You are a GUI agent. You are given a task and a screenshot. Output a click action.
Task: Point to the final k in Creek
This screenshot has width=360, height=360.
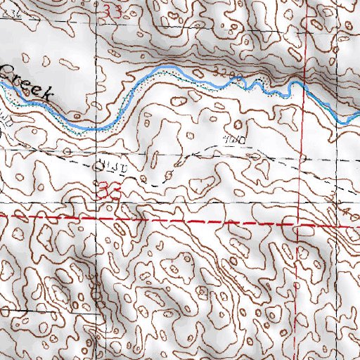tap(48, 94)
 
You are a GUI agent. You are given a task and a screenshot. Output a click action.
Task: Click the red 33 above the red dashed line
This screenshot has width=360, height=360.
tap(112, 191)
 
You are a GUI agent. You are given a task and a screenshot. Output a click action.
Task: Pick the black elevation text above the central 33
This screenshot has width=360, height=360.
tap(110, 167)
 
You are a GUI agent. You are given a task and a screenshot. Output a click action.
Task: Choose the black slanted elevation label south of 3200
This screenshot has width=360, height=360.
tap(233, 140)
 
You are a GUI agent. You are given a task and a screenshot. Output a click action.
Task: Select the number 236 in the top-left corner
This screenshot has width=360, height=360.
tap(13, 12)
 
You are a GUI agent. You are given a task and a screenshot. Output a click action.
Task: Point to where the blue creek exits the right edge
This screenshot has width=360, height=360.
tap(359, 114)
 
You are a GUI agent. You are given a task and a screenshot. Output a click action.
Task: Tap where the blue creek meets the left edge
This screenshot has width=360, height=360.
tap(1, 83)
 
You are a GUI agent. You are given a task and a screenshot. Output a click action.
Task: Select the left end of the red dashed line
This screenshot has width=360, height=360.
tap(1, 217)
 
